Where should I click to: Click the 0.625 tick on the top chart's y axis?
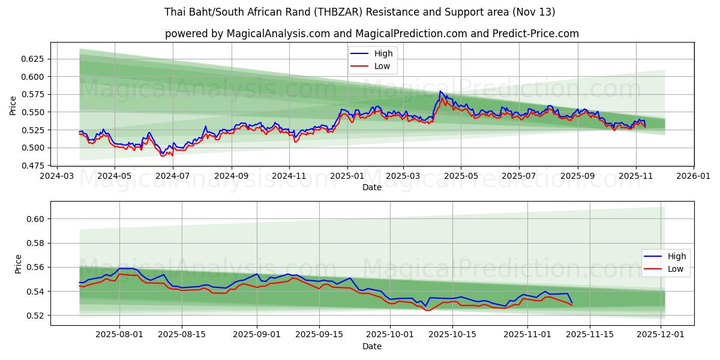[x=34, y=59]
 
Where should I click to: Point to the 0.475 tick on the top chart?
[x=34, y=166]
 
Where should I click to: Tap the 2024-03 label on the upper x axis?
[x=56, y=176]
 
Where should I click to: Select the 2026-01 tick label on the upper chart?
[x=694, y=176]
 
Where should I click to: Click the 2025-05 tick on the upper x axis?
[x=461, y=176]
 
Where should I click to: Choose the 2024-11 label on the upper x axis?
[x=289, y=176]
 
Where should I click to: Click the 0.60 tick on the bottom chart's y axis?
[x=37, y=219]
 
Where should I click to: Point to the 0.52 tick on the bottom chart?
[x=37, y=316]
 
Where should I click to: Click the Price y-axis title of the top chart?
[x=13, y=106]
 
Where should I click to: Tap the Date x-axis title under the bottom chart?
[x=372, y=347]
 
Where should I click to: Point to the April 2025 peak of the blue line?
[x=440, y=91]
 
